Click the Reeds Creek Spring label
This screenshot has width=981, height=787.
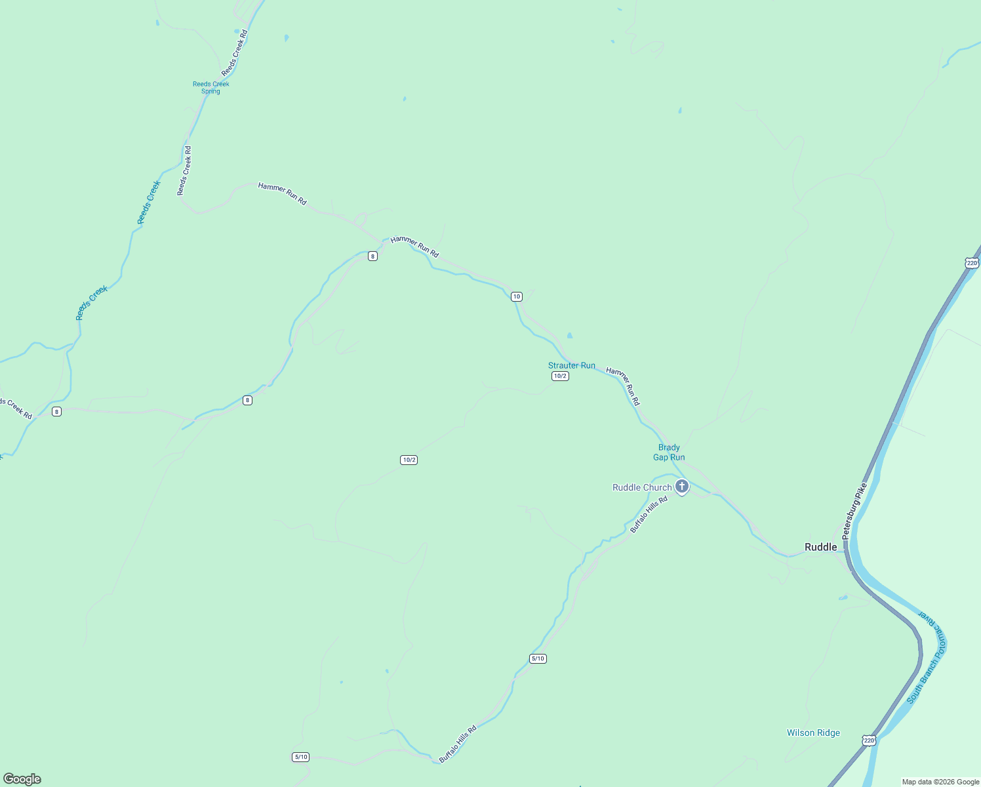click(x=211, y=87)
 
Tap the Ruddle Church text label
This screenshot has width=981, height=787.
click(x=642, y=487)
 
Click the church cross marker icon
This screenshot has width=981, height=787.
click(x=682, y=487)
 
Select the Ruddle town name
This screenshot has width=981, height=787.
click(x=820, y=547)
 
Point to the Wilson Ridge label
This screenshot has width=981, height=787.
click(x=813, y=733)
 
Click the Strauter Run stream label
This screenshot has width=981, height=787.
click(x=572, y=365)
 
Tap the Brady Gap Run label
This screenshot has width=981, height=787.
click(x=669, y=453)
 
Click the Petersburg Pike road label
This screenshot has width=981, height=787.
click(x=854, y=512)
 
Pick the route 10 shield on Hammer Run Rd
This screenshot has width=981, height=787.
click(x=517, y=296)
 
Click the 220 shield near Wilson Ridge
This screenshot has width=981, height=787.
click(x=869, y=740)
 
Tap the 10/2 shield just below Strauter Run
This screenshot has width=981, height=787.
click(x=560, y=376)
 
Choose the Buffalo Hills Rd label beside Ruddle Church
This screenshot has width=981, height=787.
click(x=649, y=514)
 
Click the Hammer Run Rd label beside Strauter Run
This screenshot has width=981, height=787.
click(x=623, y=386)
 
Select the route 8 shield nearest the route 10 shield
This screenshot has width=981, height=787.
click(x=372, y=256)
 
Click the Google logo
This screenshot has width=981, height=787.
click(x=22, y=779)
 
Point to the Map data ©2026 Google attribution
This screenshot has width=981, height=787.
click(x=940, y=782)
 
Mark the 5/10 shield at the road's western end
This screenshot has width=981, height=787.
click(x=300, y=757)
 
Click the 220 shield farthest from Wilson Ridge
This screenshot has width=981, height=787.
click(x=972, y=263)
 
